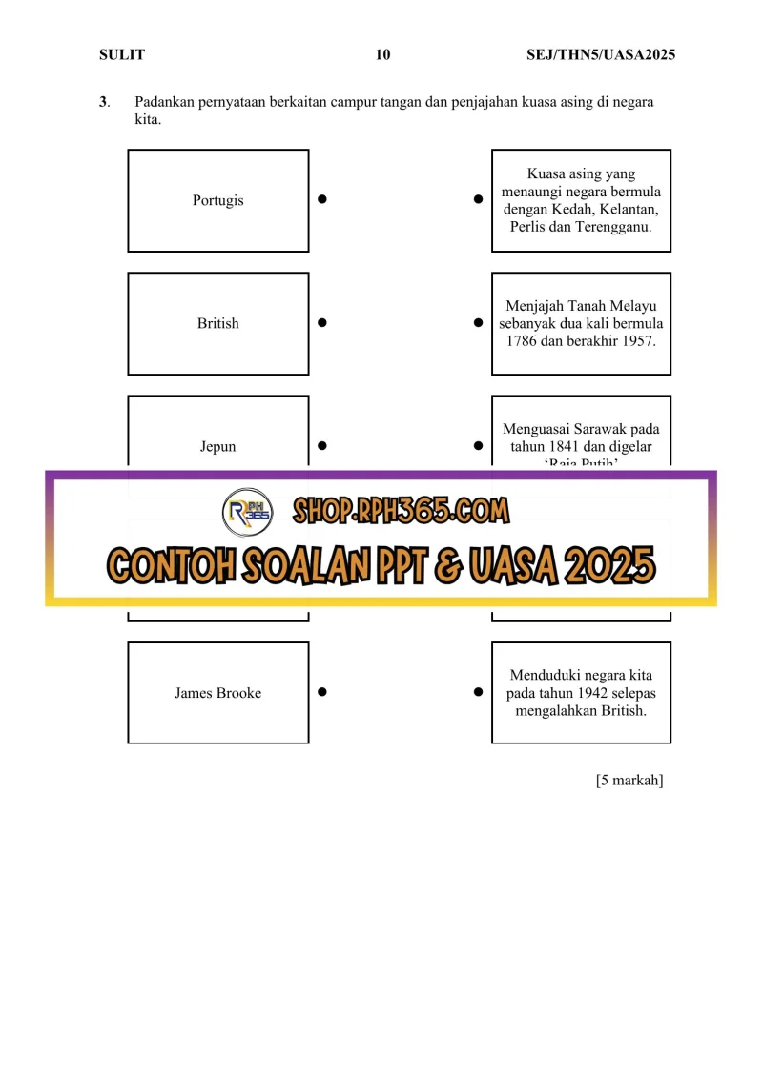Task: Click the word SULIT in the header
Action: [x=121, y=55]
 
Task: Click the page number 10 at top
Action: [x=382, y=55]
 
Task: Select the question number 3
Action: [x=103, y=102]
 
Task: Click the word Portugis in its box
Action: [x=217, y=200]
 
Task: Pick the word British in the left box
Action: [x=217, y=323]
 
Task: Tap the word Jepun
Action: [x=217, y=446]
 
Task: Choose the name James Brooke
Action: [x=217, y=693]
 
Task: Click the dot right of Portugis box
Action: [x=322, y=200]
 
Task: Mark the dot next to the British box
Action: [x=322, y=323]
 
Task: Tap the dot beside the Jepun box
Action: [x=322, y=446]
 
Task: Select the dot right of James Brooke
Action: [x=322, y=693]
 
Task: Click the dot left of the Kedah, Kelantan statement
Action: [x=477, y=200]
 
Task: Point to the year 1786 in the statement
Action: [x=524, y=340]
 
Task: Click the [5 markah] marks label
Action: [x=629, y=781]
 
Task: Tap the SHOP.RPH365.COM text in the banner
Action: [x=401, y=511]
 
